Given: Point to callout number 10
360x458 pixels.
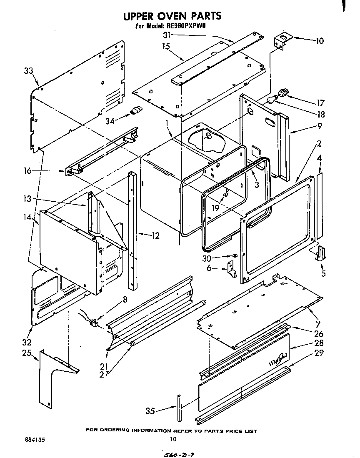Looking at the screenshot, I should pos(320,41).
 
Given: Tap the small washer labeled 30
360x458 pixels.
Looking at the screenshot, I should pos(235,255).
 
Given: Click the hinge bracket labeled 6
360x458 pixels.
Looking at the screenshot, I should pos(231,269).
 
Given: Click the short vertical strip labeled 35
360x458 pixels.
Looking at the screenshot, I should pos(179,408).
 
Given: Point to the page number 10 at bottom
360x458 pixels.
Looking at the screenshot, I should pos(173,439).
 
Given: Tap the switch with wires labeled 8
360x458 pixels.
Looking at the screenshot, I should pos(94,322).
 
